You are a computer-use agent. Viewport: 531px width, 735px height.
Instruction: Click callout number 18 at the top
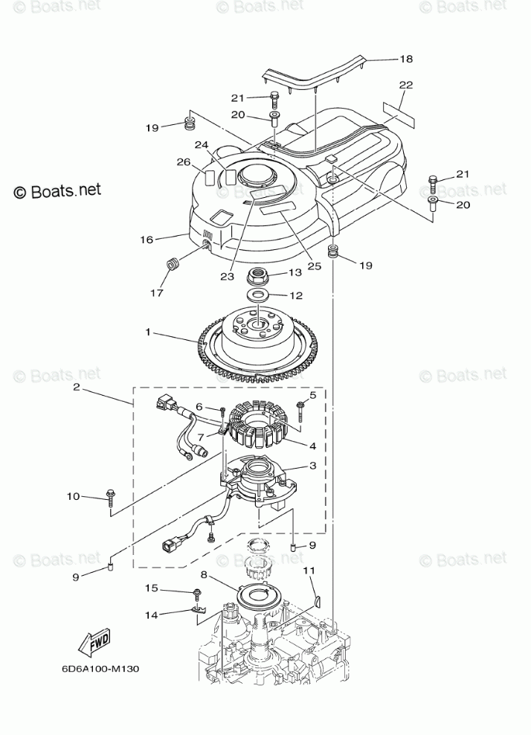point(405,58)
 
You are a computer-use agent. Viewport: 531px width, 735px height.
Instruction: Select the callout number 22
point(405,86)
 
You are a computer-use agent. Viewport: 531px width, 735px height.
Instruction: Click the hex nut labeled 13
point(257,277)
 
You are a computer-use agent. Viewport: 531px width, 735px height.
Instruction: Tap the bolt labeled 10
point(110,497)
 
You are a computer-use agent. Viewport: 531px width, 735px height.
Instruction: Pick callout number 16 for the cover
point(147,240)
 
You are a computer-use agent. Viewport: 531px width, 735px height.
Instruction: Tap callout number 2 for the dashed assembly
point(77,388)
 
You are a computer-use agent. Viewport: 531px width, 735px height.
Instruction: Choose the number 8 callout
point(204,574)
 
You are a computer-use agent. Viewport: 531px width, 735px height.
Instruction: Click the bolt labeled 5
point(300,406)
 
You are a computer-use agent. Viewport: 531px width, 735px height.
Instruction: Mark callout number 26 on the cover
point(184,162)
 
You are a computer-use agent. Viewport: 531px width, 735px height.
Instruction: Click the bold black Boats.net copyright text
point(58,191)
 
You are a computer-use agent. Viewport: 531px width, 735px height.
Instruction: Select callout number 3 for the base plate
point(313,466)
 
